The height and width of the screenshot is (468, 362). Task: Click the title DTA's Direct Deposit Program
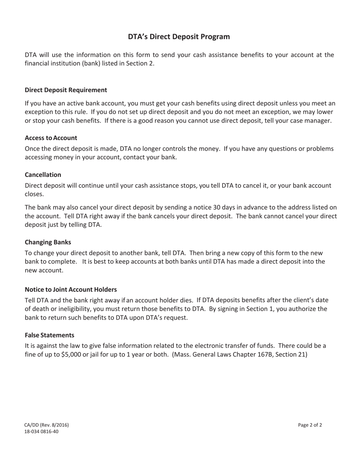click(x=179, y=37)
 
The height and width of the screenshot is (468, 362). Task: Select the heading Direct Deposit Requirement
click(x=66, y=90)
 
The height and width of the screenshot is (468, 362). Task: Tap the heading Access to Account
click(x=51, y=138)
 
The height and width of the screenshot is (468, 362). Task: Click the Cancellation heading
click(x=43, y=175)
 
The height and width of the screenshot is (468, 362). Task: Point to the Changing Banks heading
click(x=48, y=242)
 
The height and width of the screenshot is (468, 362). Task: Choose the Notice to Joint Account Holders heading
click(x=70, y=290)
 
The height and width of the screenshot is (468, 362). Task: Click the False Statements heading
click(x=50, y=335)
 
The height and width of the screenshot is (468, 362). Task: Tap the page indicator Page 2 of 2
click(x=310, y=425)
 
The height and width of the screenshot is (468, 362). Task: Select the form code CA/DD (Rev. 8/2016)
click(x=47, y=425)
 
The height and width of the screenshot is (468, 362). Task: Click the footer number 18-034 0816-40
click(x=42, y=431)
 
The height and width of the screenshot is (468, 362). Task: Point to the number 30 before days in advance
click(x=217, y=207)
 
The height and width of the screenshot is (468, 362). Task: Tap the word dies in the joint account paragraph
click(x=186, y=300)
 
